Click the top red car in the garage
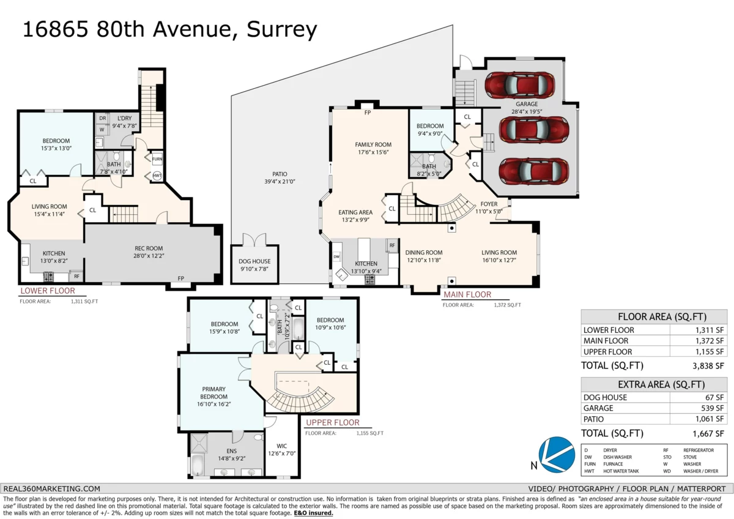[x=521, y=86]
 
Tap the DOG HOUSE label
[x=254, y=261]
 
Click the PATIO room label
[x=280, y=174]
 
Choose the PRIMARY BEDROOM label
[x=213, y=393]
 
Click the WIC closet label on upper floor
[x=281, y=446]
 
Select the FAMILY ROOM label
[x=373, y=145]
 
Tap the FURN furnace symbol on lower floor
[x=157, y=159]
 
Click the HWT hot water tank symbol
[x=157, y=176]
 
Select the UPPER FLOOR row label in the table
[x=608, y=352]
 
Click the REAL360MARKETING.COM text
[x=51, y=488]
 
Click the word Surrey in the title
[x=282, y=29]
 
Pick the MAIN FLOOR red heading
[x=467, y=294]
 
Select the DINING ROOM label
[x=423, y=253]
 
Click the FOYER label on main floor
[x=489, y=204]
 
